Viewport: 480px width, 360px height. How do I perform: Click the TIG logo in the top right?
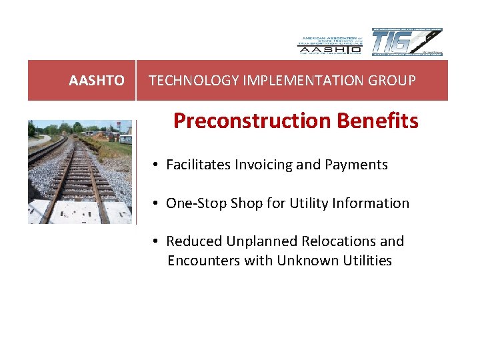coord(407,43)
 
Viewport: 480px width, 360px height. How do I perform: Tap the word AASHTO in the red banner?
coord(97,81)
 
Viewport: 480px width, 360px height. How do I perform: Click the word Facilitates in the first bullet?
coord(197,165)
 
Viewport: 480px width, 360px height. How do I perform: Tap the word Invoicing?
coord(261,165)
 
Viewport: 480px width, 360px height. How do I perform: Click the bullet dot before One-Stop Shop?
coord(154,203)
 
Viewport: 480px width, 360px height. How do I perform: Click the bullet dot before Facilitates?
coord(154,165)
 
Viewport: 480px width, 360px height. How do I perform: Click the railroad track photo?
coord(79,173)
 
